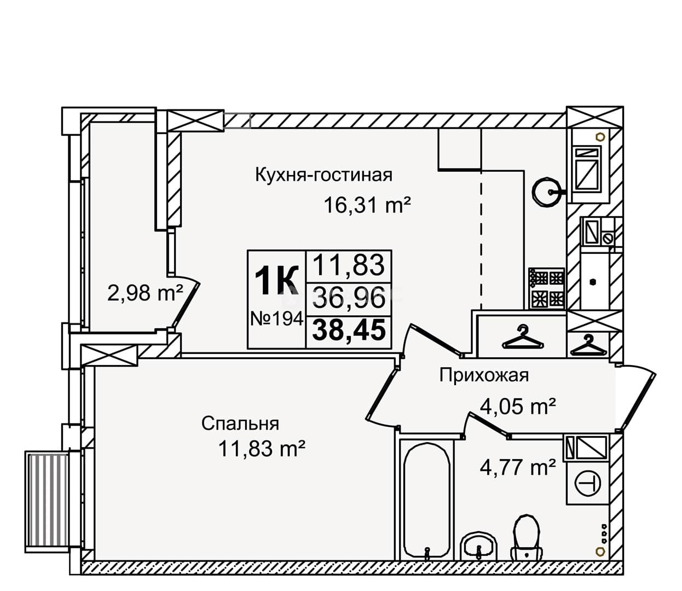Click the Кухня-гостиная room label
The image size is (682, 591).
point(323,175)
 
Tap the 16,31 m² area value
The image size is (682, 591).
point(367,205)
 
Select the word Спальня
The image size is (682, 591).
point(240,423)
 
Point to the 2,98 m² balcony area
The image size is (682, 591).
point(145,293)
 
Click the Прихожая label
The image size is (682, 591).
point(484,375)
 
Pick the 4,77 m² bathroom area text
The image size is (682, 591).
point(518,468)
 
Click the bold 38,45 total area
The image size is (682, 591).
point(349,330)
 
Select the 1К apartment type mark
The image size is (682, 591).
point(276,281)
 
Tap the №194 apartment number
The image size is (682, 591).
point(277,318)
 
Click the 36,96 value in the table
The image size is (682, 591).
point(349,297)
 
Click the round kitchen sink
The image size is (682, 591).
point(547,192)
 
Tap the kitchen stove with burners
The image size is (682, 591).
point(547,288)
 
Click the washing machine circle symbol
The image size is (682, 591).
point(588,484)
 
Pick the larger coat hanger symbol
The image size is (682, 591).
point(523,338)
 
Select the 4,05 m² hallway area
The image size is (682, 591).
point(518,407)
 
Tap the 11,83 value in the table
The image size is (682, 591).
point(349,265)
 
